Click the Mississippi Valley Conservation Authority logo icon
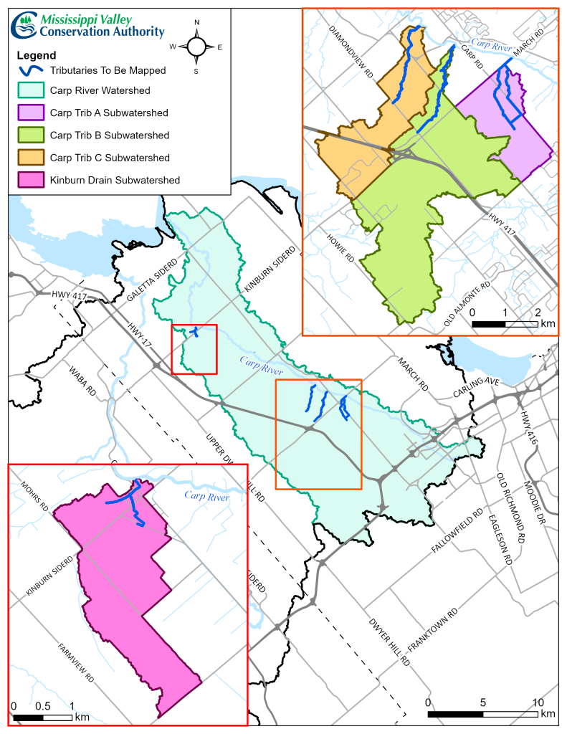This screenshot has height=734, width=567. point(24,25)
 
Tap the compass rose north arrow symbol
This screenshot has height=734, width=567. point(196,47)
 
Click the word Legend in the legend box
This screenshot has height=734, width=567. point(35,54)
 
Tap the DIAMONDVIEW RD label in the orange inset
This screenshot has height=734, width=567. point(351,54)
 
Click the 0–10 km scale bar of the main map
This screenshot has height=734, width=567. point(481,715)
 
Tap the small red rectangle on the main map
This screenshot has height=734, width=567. point(194,348)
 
